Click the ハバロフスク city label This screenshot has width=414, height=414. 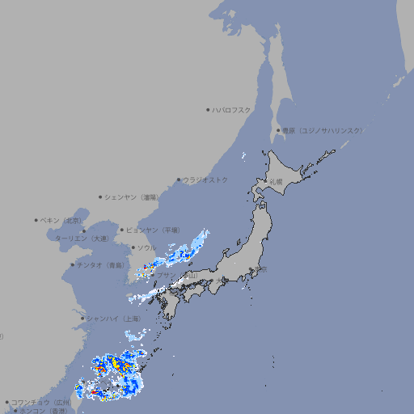(x=232, y=110)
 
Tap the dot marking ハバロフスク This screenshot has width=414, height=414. (x=208, y=110)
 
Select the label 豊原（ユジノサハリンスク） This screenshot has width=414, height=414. (x=322, y=130)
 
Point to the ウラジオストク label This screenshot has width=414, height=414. (x=205, y=180)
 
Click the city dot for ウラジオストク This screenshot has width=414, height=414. (x=179, y=180)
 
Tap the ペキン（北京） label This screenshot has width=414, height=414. (x=61, y=220)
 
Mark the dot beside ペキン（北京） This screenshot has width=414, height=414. (x=36, y=220)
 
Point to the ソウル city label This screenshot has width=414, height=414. (x=146, y=247)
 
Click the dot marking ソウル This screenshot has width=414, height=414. (x=132, y=247)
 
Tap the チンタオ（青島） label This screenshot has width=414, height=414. (x=99, y=264)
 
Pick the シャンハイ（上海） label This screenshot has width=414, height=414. (x=113, y=319)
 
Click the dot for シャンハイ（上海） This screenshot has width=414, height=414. (x=82, y=319)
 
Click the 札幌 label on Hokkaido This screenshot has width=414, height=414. (x=277, y=181)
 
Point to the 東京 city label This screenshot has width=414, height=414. (x=259, y=269)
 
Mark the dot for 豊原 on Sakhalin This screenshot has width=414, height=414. (x=278, y=130)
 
